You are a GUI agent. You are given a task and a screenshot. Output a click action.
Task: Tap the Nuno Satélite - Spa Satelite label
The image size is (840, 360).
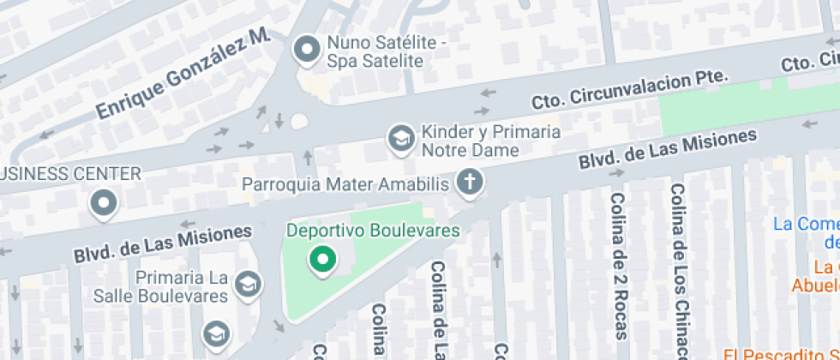coord(376,52)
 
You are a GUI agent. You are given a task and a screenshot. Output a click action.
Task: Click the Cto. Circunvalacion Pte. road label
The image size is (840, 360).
coord(629,89)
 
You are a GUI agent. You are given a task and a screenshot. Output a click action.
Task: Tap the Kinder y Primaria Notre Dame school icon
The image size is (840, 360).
coord(399,137)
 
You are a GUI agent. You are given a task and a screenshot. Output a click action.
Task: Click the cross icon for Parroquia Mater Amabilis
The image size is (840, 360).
coord(469,182)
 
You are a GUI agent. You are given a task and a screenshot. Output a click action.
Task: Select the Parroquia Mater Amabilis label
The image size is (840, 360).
coord(345,184)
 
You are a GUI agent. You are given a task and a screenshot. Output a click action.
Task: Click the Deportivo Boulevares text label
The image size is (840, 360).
coord(373,231)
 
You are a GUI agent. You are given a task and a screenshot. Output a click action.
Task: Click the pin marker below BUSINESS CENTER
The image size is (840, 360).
coord(105,203)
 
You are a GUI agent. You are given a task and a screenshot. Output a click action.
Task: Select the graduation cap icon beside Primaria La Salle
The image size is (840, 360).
coord(249,284)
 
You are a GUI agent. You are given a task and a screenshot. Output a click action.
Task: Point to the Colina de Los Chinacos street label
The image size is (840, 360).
coord(679,271)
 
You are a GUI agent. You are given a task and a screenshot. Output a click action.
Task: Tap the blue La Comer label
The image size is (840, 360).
coord(807,225)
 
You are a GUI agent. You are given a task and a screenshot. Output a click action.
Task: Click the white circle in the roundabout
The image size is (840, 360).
coord(298,122)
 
